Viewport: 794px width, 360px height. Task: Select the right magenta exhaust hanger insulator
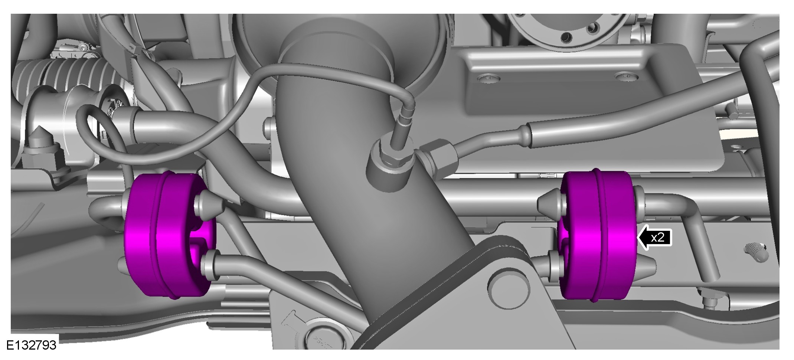point(598,236)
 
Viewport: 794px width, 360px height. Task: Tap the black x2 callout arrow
point(654,237)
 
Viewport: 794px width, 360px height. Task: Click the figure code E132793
point(32,345)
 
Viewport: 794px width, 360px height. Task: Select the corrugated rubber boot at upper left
point(67,74)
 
